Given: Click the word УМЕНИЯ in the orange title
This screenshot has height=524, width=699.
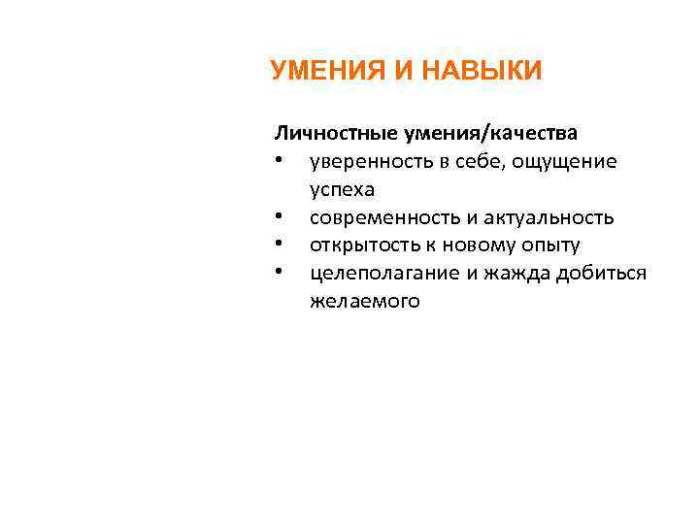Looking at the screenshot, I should pos(322,71).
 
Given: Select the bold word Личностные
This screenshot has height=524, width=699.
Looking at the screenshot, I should pos(331,132).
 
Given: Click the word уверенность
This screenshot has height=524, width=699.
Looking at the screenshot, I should pos(366,161).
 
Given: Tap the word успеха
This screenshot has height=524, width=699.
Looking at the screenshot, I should pos(342,189).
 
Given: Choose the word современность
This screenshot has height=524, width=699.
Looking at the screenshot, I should pos(380,217).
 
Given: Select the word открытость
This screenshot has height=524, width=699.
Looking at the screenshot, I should pos(358,246).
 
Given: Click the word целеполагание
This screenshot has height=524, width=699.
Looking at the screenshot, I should pos(384,273).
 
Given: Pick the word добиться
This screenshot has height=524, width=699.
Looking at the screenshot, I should pos(602,273).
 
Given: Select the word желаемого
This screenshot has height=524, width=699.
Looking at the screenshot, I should pos(365,301).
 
